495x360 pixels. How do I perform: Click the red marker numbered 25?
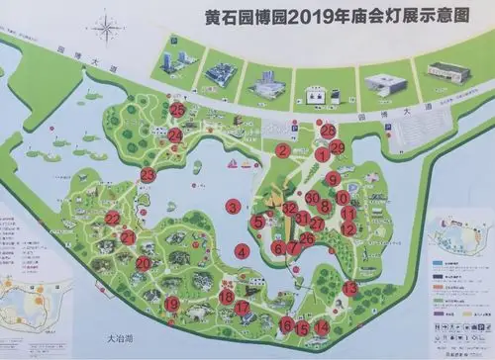[x=177, y=110]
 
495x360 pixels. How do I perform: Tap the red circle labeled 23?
[x=148, y=175]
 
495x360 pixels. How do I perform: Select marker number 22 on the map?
[x=112, y=219]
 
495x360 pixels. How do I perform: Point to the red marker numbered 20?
[x=144, y=264]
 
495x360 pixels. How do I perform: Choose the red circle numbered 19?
[x=172, y=304]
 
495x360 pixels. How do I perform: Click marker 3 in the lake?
[x=233, y=206]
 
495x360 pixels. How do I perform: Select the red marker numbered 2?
[x=283, y=151]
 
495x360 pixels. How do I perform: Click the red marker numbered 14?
[x=321, y=327]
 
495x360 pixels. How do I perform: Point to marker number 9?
[x=333, y=179]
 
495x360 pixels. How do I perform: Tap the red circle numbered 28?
[x=329, y=131]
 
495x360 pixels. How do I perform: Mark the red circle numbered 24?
[x=175, y=135]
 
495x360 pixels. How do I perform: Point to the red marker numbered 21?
[x=128, y=238]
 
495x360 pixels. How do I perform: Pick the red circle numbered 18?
[x=227, y=295]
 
